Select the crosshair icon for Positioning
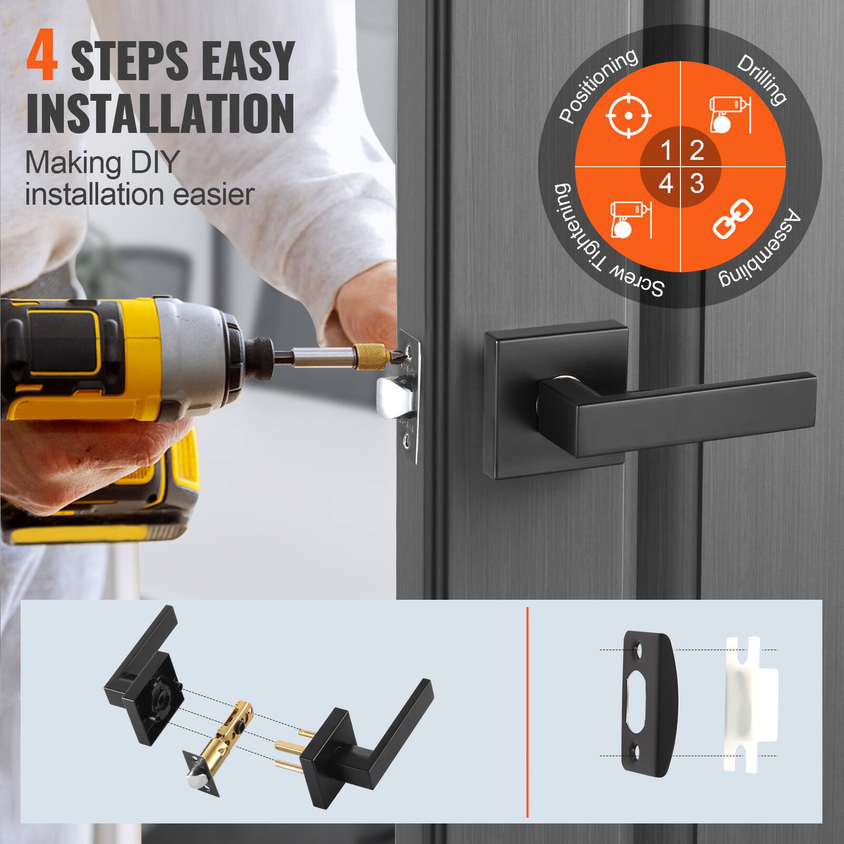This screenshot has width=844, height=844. [629, 116]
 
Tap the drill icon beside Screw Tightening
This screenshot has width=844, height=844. [629, 218]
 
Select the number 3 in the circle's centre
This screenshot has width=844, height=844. [697, 184]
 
